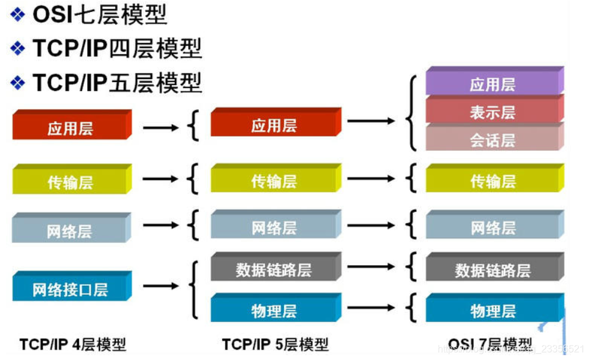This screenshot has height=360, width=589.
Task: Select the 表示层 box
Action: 493,112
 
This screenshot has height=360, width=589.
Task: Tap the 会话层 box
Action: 493,141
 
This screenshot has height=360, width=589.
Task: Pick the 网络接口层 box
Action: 70,289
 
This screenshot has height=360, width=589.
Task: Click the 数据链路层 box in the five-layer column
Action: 274,269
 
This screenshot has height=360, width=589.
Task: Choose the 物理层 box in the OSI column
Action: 493,311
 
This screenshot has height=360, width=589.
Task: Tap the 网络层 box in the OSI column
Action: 493,228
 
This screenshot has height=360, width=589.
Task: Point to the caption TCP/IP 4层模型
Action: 73,344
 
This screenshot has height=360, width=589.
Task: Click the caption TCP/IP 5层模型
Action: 276,344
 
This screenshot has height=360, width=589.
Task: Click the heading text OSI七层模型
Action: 99,14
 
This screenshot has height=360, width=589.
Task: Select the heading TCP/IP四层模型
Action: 117,48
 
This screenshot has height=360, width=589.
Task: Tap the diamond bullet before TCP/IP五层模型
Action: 18,83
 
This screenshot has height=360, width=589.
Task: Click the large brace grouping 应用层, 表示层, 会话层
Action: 412,113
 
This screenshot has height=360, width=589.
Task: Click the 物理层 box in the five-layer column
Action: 274,311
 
